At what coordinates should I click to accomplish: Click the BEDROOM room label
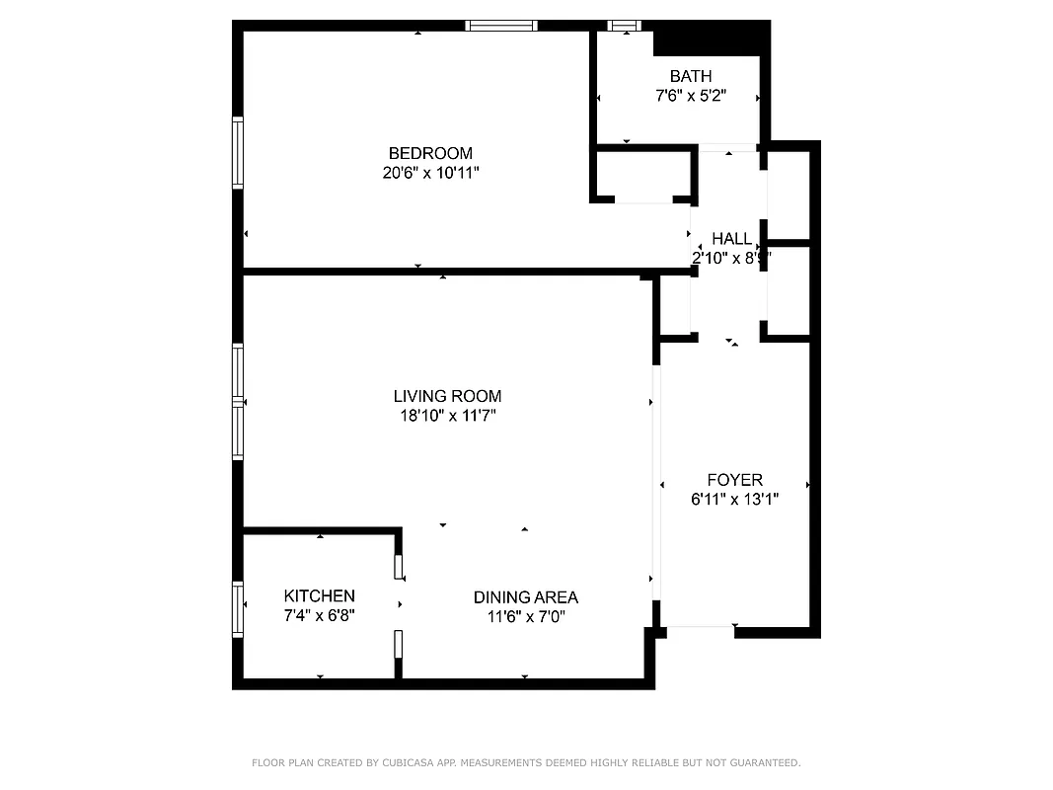coord(430,153)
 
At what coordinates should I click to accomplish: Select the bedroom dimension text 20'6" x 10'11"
coord(430,173)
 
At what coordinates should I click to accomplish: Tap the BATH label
coord(690,76)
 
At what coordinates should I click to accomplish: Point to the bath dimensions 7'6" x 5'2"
coord(690,96)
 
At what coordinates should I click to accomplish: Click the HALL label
coord(731,239)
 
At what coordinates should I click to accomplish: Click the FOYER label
coord(734,480)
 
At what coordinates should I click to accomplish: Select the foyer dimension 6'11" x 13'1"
coord(734,500)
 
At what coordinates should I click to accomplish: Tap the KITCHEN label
coord(319,596)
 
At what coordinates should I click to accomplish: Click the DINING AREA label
coord(525,597)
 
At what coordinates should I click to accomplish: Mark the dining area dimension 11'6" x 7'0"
coord(525,617)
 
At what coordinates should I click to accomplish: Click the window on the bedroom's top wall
coord(501,26)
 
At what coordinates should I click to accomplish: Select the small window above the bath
coord(624,26)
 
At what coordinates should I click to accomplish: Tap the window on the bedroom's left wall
coord(238,152)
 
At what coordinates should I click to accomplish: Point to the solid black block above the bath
coord(711,39)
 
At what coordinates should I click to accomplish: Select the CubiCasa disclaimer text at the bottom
coord(526,762)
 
